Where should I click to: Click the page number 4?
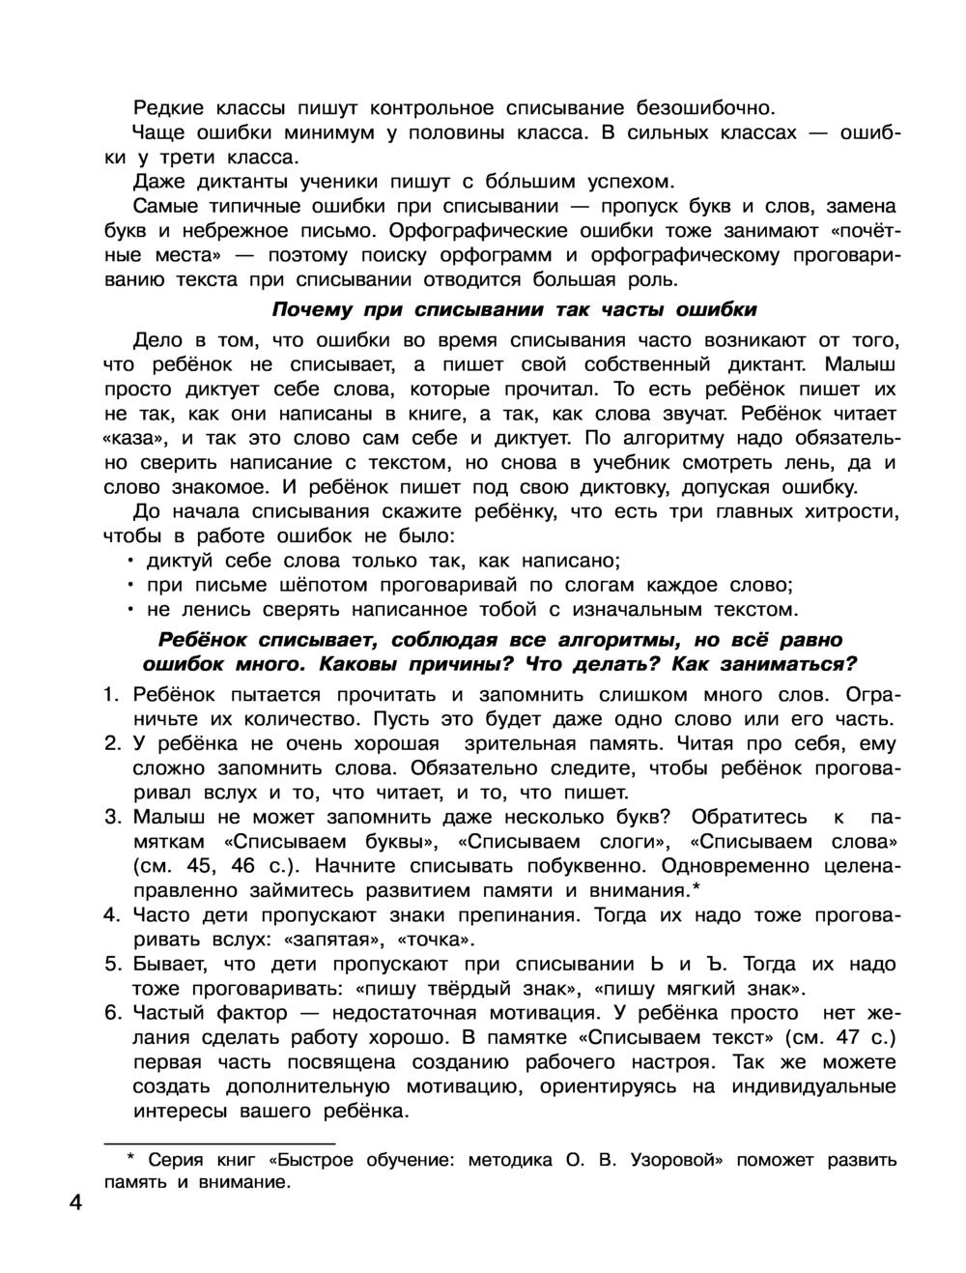tap(75, 1203)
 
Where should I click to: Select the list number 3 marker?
tap(111, 817)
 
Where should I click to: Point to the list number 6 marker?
tap(111, 1013)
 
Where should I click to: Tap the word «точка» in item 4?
tap(441, 940)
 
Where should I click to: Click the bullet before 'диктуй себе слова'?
tap(129, 562)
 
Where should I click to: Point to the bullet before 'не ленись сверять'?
tap(129, 611)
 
